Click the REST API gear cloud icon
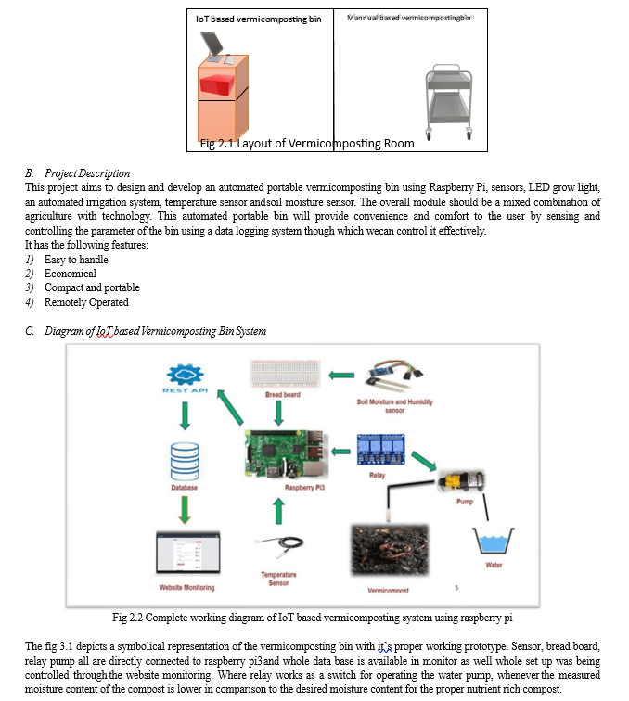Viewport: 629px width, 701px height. point(186,375)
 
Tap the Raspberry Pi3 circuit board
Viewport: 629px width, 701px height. point(287,454)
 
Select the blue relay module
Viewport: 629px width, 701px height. point(381,450)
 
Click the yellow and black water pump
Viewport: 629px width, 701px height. point(461,481)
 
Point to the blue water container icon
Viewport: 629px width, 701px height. point(494,541)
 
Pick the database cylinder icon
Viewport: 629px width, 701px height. point(185,462)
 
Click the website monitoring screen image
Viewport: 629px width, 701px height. point(188,553)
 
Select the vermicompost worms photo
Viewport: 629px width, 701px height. point(390,550)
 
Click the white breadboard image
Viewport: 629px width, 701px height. point(286,374)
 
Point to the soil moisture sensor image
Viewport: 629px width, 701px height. point(393,374)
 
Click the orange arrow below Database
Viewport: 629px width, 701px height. point(185,510)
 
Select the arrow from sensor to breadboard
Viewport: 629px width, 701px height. point(341,376)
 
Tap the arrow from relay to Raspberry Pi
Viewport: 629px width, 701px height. point(340,452)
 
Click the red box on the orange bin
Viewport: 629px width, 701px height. point(217,85)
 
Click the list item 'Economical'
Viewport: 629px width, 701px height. point(71,274)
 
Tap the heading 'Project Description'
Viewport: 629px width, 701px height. point(87,173)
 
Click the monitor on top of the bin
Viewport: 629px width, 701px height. point(212,45)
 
